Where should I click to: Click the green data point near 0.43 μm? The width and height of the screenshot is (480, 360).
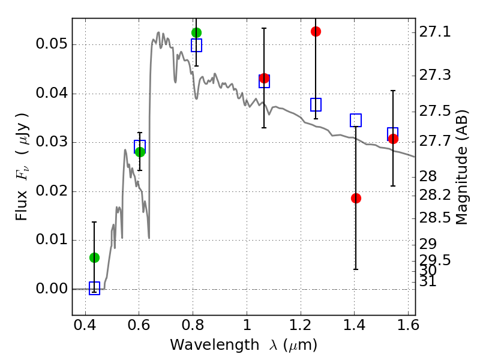point(94,257)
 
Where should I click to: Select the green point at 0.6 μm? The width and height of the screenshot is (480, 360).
point(140,152)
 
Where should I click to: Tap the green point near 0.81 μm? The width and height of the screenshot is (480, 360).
point(196,32)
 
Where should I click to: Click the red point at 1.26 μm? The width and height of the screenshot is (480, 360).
point(316,31)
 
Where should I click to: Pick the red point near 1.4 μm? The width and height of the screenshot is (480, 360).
point(356,198)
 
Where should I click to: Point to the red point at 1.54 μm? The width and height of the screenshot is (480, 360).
point(393,139)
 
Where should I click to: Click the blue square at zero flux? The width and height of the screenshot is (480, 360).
point(94,289)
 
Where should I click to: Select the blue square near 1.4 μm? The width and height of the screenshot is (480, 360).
point(356,120)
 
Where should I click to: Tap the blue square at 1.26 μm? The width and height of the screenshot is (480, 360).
point(316,104)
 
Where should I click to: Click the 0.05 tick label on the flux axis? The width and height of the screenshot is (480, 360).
point(50,45)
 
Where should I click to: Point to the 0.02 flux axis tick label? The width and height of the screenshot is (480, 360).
point(50,191)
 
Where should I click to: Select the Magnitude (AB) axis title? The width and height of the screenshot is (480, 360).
point(462,167)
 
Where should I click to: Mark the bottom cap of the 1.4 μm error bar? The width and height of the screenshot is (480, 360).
point(356,269)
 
